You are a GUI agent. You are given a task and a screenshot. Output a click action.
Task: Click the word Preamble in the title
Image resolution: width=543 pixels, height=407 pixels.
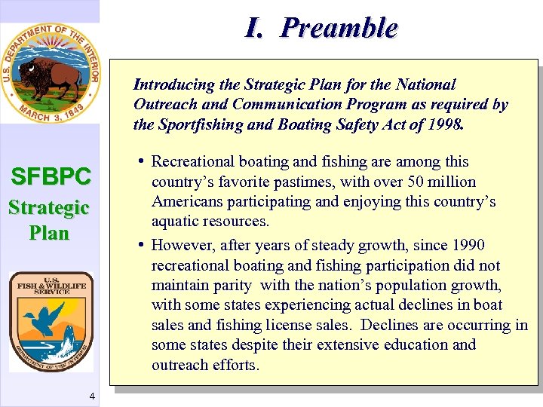coord(339,28)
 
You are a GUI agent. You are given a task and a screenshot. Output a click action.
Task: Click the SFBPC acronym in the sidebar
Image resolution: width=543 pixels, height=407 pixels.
coord(51,177)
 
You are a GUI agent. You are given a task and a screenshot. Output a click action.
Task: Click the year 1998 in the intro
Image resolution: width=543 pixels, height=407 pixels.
coord(448,124)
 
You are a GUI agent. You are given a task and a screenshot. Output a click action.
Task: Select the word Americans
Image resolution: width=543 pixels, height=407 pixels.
coord(185,202)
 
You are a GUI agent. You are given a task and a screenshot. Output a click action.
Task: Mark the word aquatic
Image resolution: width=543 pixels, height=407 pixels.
coord(174,222)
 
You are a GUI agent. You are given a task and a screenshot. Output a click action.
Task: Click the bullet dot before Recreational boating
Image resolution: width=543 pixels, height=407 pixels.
coord(142,161)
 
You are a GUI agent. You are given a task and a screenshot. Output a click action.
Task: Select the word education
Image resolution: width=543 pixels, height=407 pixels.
coord(408,344)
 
